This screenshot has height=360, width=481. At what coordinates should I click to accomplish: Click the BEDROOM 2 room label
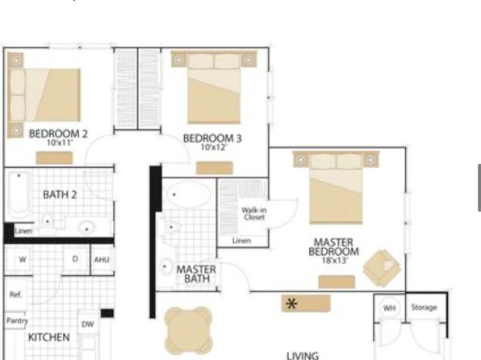(58, 134)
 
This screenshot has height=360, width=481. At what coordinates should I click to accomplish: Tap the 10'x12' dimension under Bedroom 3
(214, 148)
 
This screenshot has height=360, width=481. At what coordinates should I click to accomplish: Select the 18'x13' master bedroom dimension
(335, 261)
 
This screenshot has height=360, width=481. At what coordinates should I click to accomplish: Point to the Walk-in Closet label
(254, 214)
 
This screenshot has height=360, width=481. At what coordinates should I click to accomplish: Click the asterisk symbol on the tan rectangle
(291, 303)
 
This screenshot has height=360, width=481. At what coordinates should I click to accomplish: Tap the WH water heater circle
(389, 308)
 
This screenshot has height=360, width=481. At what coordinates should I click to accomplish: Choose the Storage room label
(424, 308)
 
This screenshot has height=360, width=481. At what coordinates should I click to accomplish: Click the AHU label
(102, 260)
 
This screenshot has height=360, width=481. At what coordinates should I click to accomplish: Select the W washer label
(23, 260)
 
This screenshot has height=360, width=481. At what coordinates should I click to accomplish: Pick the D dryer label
(75, 259)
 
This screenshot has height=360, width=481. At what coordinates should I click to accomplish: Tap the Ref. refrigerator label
(15, 295)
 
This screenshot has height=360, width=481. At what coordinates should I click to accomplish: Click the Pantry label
(17, 320)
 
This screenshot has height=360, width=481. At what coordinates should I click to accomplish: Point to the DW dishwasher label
(88, 324)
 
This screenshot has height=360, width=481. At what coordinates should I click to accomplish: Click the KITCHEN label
(48, 337)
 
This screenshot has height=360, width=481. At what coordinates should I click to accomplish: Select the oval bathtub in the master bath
(189, 195)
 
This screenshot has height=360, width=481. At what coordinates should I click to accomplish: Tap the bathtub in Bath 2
(19, 194)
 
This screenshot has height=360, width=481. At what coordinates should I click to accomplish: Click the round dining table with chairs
(188, 331)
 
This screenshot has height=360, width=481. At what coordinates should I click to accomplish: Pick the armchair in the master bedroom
(382, 269)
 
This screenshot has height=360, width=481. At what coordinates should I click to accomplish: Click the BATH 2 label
(60, 195)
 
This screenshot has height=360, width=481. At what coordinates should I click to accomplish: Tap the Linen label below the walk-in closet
(242, 241)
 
